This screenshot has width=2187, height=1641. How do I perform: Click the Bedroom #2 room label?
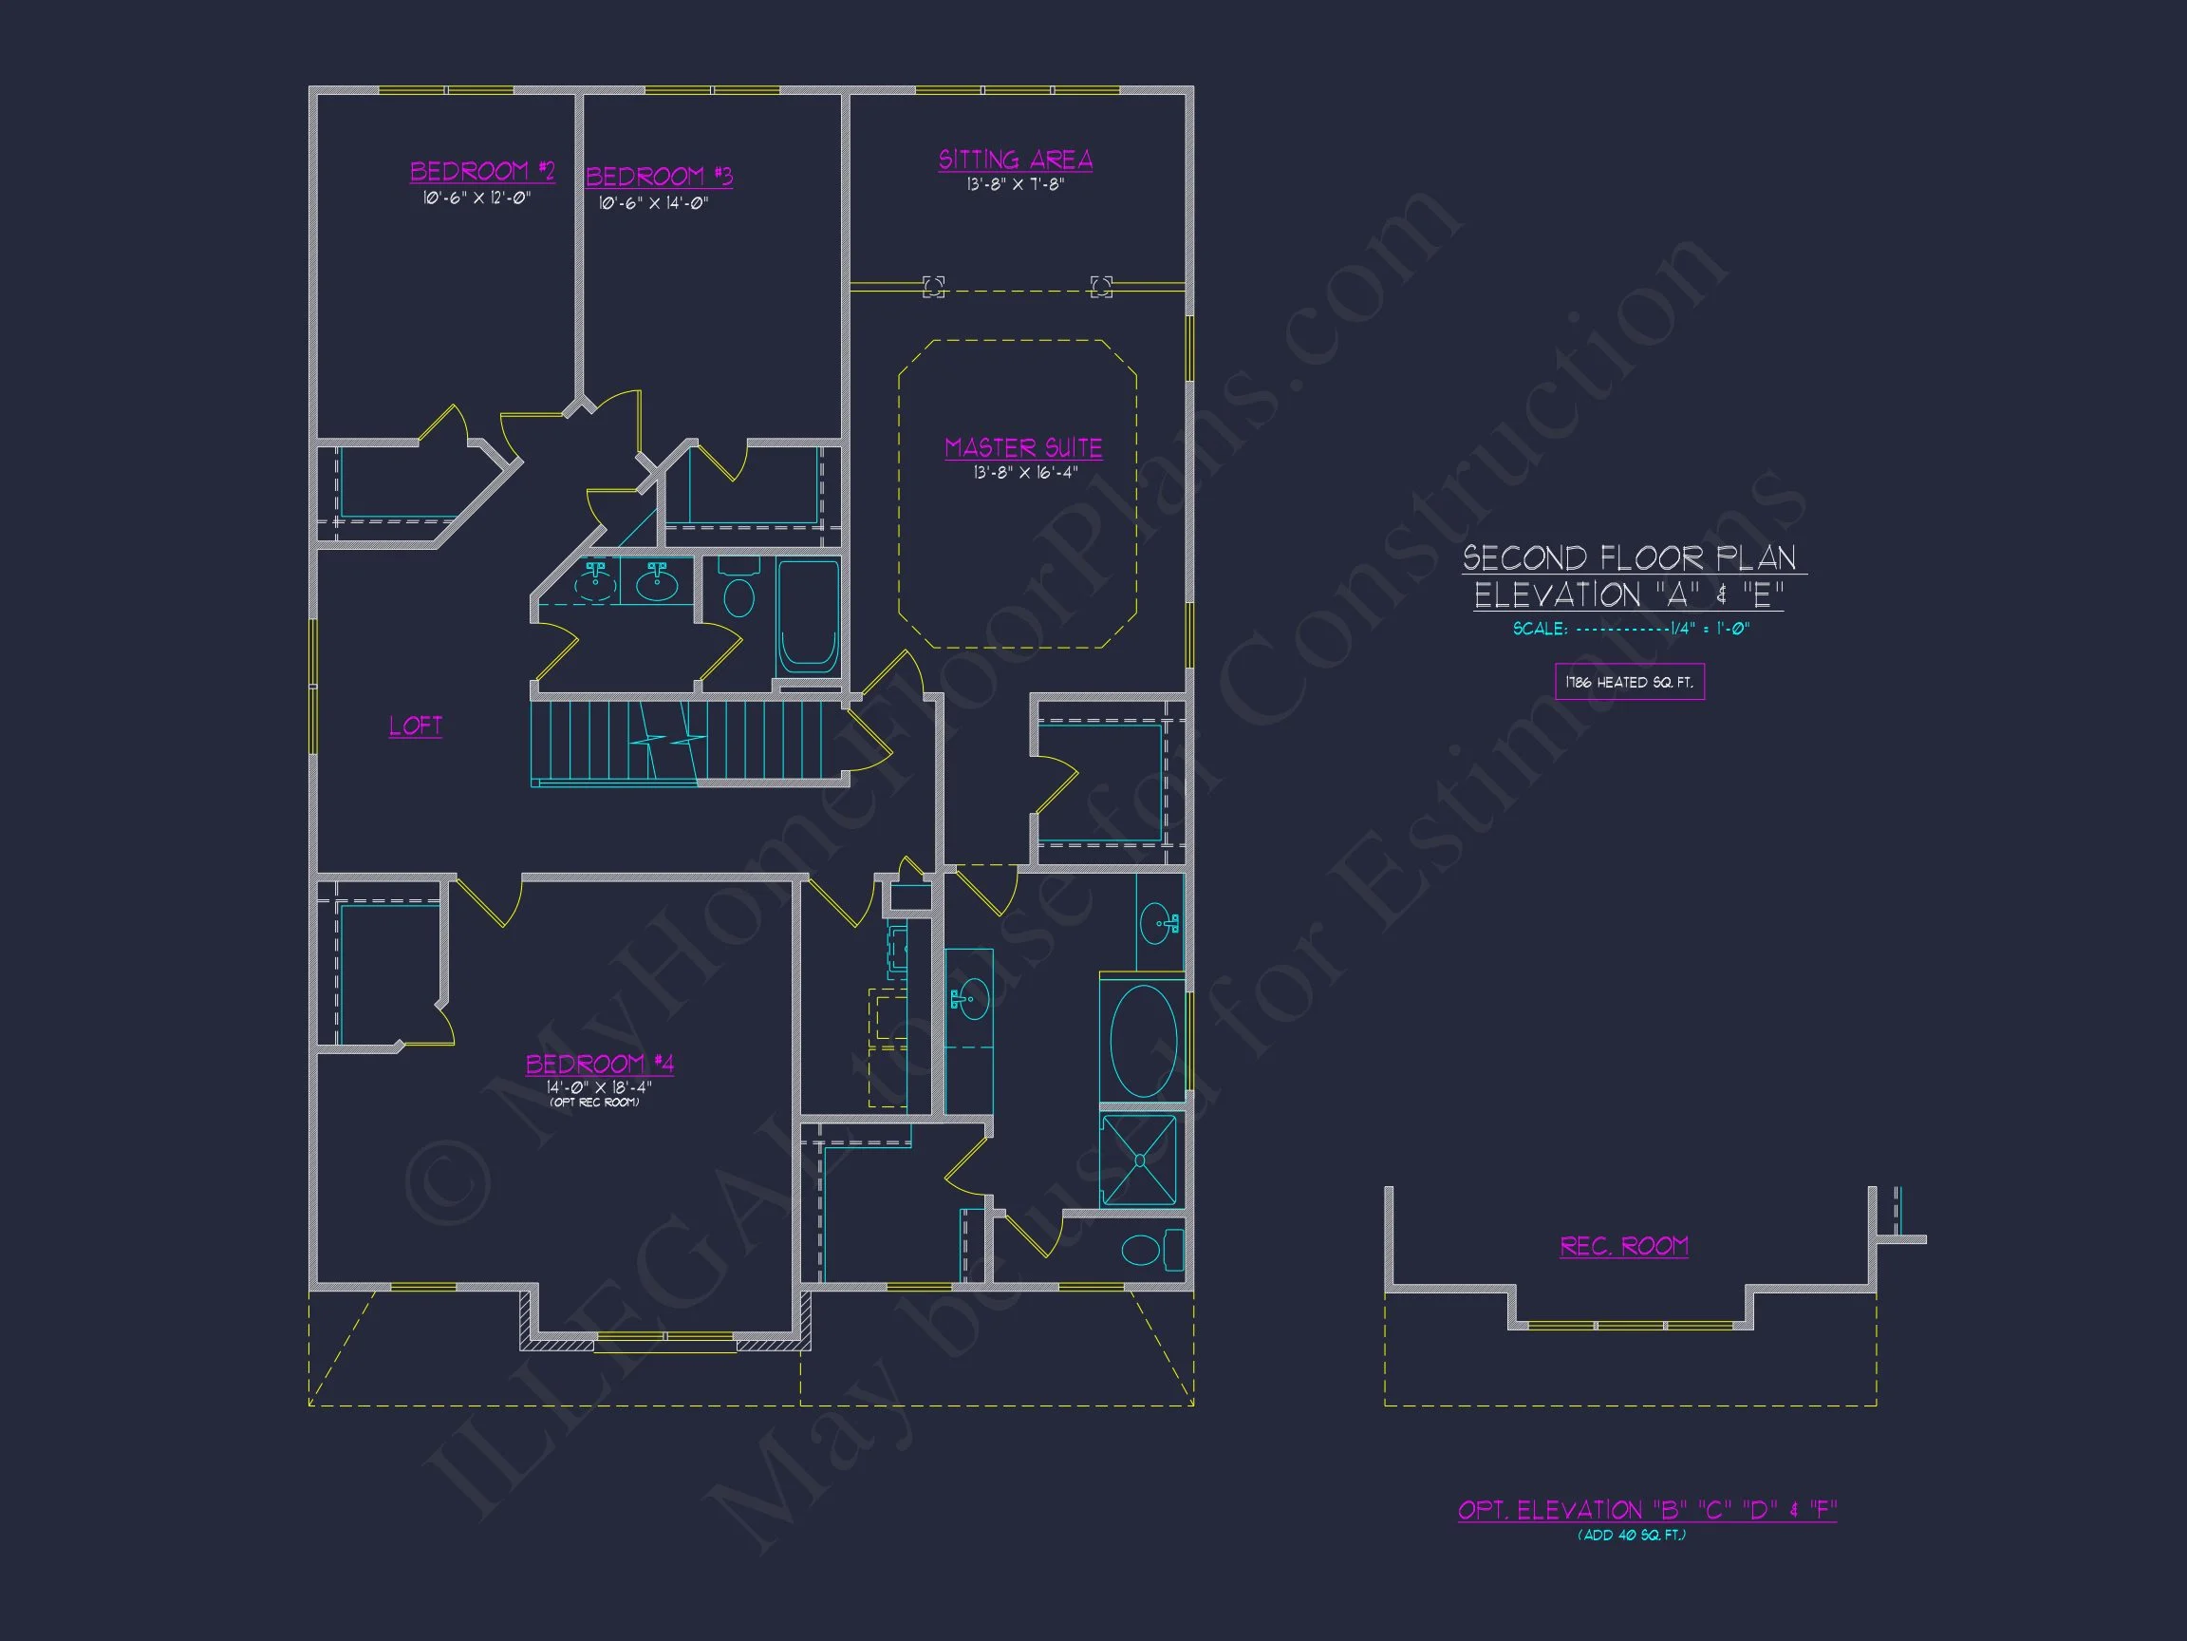[x=482, y=172]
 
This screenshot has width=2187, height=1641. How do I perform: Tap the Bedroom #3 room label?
[x=660, y=177]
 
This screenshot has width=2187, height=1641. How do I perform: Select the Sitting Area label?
[x=1016, y=160]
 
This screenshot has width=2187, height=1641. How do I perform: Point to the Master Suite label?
[x=1023, y=448]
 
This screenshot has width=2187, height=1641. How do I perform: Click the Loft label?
[x=415, y=726]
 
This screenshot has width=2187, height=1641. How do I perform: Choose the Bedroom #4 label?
[x=599, y=1065]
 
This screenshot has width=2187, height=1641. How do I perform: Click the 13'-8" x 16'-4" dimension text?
[x=1025, y=473]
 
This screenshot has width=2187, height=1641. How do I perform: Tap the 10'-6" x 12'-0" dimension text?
[x=477, y=198]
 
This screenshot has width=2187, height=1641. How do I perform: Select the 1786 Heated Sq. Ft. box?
[x=1630, y=682]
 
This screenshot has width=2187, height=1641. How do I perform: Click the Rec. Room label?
[x=1623, y=1246]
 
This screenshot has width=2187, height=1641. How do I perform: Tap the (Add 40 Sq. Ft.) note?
[x=1632, y=1536]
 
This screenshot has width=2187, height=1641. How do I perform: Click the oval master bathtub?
[x=1143, y=1041]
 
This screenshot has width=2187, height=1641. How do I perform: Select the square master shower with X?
[x=1139, y=1160]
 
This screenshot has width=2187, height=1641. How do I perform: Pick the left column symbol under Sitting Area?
[x=933, y=287]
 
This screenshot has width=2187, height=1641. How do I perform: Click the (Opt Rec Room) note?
[x=595, y=1103]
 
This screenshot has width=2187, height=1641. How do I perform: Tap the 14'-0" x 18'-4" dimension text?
[x=599, y=1087]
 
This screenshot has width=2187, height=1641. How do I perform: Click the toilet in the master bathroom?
[x=1151, y=1250]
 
